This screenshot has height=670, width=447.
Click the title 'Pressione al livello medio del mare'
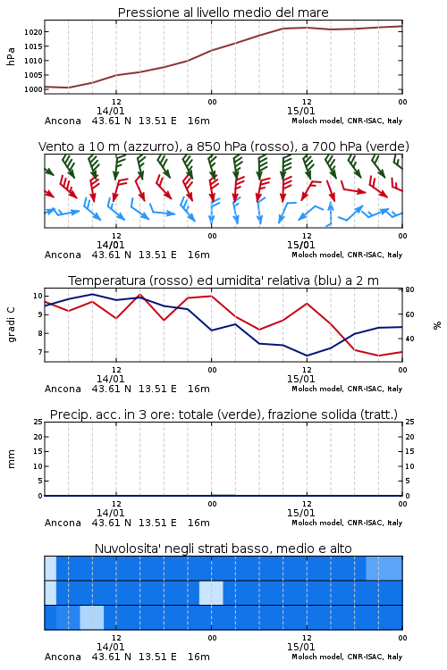[x=223, y=13]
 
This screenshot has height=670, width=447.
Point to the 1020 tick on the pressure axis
[x=33, y=32]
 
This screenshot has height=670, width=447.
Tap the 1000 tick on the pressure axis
[x=33, y=89]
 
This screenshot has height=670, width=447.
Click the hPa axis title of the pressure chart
[x=11, y=56]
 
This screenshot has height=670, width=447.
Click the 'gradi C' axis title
[x=11, y=325]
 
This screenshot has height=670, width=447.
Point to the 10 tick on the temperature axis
[x=38, y=296]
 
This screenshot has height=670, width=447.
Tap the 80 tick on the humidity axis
[x=409, y=289]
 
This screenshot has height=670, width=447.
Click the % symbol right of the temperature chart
[x=437, y=325]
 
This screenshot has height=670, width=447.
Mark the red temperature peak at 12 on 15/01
[x=307, y=304]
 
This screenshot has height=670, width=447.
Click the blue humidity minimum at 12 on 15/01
[x=307, y=356]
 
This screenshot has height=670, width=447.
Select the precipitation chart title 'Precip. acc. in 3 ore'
[x=110, y=415]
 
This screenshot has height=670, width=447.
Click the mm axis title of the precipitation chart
[x=11, y=459]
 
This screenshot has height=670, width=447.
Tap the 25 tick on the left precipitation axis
[x=38, y=422]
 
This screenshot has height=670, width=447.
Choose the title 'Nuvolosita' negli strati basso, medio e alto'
[x=223, y=549]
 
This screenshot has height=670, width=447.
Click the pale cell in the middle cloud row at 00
[x=211, y=592]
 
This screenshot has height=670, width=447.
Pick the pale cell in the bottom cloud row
[x=92, y=617]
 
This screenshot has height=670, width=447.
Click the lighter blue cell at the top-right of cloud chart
[x=384, y=568]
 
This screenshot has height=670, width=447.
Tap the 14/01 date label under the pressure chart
[x=110, y=111]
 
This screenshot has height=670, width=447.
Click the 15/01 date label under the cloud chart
[x=300, y=647]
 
